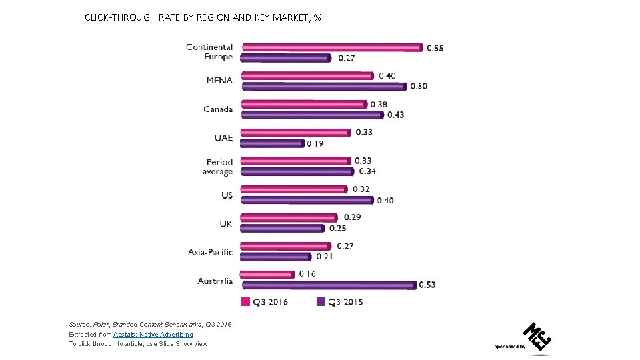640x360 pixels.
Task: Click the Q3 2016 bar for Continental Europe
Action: (x=331, y=47)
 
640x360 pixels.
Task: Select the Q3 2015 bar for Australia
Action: (x=327, y=285)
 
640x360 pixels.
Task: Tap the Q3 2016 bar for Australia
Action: (x=267, y=274)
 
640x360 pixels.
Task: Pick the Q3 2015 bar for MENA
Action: (x=323, y=86)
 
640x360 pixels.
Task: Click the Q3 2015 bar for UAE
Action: (x=272, y=143)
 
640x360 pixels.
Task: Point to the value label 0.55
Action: (x=435, y=47)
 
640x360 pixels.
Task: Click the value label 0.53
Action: (x=427, y=285)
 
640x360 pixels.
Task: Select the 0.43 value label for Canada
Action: (x=395, y=115)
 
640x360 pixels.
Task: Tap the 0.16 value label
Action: (x=307, y=274)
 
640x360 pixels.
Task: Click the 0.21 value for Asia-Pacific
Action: (x=324, y=257)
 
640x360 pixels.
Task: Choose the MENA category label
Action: (x=219, y=81)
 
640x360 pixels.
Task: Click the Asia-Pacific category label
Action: (x=210, y=252)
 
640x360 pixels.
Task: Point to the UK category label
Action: (x=226, y=224)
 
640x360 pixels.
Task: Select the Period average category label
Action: (x=218, y=167)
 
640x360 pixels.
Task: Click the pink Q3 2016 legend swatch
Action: (x=245, y=301)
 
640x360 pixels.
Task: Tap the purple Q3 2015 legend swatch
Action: (x=320, y=301)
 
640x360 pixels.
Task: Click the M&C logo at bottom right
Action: (x=537, y=337)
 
